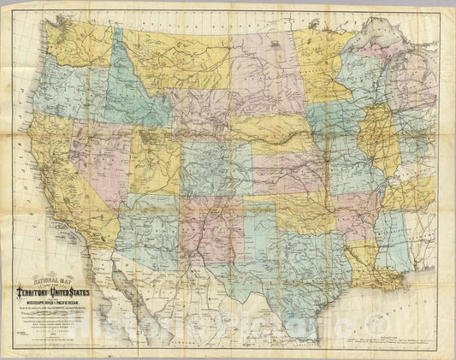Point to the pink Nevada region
93,158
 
